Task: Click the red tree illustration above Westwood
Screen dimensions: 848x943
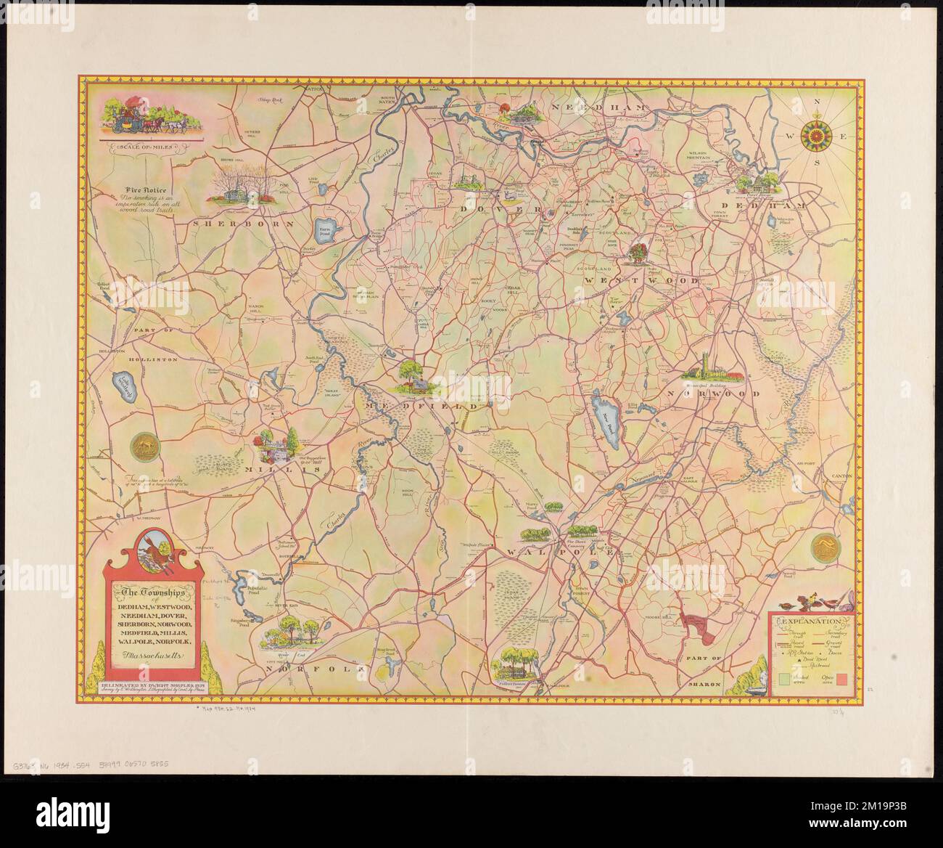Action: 639,252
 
